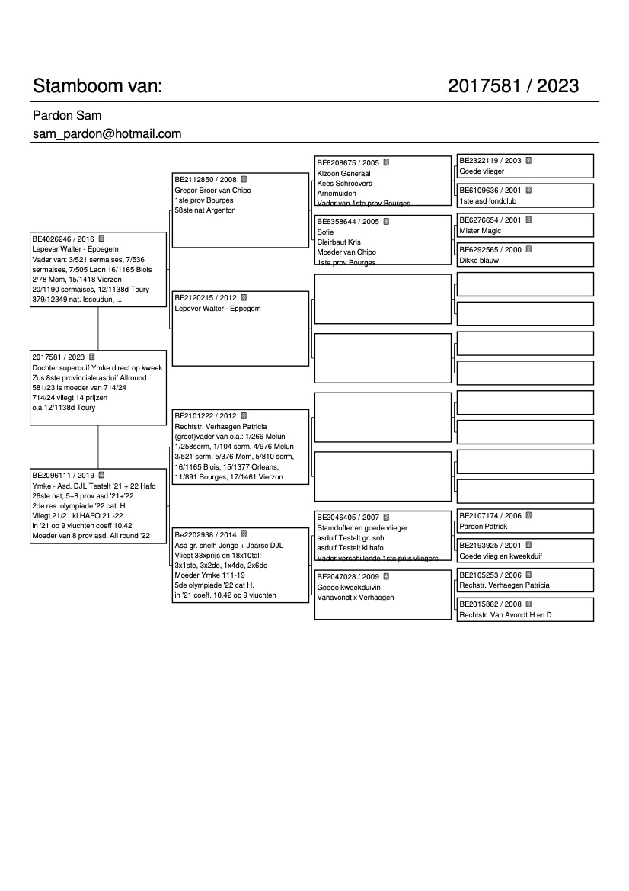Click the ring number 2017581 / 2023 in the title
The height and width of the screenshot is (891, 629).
pos(513,86)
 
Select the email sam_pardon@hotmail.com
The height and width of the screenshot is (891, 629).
pos(107,134)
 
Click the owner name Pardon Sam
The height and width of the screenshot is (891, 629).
pos(67,116)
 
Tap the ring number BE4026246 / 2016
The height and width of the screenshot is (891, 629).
pos(63,239)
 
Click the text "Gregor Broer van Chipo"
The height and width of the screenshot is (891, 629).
pos(212,190)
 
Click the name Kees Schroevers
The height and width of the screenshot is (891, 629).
pos(343,184)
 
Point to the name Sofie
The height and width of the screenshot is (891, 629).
pos(325,232)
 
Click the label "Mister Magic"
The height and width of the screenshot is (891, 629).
pos(481,231)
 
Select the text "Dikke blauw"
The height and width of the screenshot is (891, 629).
pos(479,260)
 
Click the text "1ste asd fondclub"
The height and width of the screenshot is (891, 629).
pos(489,200)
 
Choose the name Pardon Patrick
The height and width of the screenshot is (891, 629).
pos(483,527)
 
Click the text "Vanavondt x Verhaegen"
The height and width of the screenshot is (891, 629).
pos(355,598)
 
